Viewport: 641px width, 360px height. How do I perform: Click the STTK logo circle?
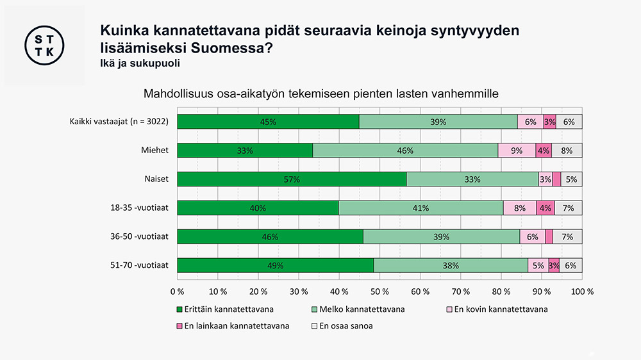click(x=44, y=45)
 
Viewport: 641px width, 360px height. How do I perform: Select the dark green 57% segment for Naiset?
click(x=292, y=179)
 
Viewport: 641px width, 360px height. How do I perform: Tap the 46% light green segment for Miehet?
click(x=405, y=151)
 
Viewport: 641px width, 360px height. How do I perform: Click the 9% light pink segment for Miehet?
click(x=517, y=151)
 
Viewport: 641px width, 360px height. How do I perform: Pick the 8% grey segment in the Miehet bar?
click(x=567, y=151)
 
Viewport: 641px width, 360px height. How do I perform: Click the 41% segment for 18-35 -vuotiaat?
click(x=420, y=208)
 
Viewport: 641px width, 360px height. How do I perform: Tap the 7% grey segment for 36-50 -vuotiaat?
click(x=567, y=237)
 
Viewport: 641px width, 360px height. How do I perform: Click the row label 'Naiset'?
click(x=156, y=179)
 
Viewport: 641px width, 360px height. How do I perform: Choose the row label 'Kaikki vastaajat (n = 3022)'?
click(x=119, y=121)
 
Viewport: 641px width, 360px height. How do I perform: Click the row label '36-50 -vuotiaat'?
click(x=140, y=236)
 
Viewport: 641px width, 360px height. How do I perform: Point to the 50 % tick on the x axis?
click(x=379, y=291)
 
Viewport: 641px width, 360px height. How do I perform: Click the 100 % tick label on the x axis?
click(x=581, y=291)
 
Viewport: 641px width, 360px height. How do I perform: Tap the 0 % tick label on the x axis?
click(x=177, y=291)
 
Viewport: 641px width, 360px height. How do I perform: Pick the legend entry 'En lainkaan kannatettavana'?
click(x=232, y=325)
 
